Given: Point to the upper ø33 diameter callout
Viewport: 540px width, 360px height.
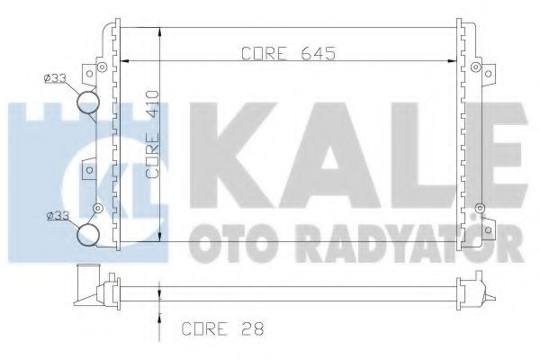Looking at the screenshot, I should [58, 79].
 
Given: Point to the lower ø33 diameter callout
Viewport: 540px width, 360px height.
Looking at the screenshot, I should [58, 216].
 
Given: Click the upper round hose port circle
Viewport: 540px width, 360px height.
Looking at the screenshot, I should [87, 102].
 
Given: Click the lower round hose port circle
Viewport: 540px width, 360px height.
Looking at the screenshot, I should [87, 235].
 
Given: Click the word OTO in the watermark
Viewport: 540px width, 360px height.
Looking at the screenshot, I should [225, 240].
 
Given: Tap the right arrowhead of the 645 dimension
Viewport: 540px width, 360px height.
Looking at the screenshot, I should [451, 62].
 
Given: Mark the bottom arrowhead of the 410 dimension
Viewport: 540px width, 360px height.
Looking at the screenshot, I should [159, 237].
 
